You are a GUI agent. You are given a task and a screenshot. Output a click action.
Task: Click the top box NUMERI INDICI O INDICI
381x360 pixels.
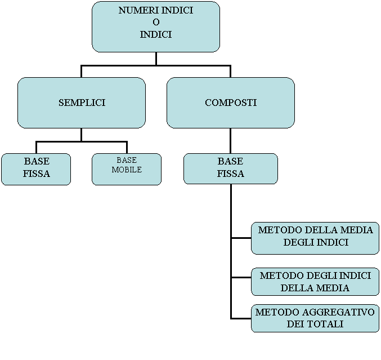click(155, 26)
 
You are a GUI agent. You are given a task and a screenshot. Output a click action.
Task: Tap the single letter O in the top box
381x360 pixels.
click(156, 23)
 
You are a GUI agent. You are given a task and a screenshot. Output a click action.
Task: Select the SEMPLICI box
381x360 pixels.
click(82, 103)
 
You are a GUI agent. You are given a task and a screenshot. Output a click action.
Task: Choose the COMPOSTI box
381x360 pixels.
click(230, 103)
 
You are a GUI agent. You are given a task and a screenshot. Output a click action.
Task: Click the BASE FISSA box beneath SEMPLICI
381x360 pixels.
click(36, 168)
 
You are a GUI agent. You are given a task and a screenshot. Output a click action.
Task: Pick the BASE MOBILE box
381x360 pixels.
click(127, 168)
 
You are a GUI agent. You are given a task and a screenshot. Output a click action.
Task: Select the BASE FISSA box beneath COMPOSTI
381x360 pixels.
click(231, 168)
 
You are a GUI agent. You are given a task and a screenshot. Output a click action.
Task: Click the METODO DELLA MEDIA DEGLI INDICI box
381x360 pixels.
click(315, 237)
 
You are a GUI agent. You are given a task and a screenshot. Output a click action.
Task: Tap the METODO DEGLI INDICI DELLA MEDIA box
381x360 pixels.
click(315, 282)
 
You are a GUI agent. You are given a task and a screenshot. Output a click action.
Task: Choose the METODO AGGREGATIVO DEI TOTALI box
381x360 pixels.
click(315, 318)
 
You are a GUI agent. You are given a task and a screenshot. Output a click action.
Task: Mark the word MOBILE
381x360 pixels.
click(127, 170)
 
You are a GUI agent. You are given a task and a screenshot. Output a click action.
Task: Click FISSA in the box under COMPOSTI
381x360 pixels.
click(231, 174)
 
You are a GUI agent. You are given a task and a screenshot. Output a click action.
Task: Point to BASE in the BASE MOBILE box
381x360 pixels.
click(127, 161)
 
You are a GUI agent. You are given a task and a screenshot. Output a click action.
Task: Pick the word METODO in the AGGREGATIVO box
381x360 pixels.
click(274, 312)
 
